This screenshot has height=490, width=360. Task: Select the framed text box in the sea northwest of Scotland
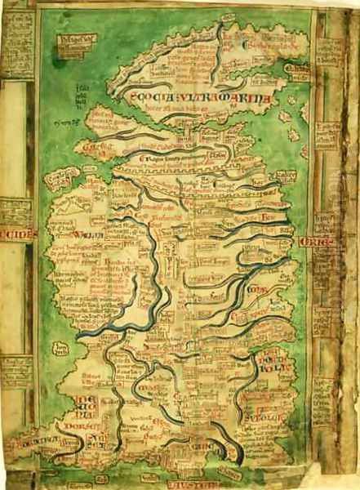click(x=78, y=42)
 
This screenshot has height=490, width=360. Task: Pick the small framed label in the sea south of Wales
click(x=60, y=350)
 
